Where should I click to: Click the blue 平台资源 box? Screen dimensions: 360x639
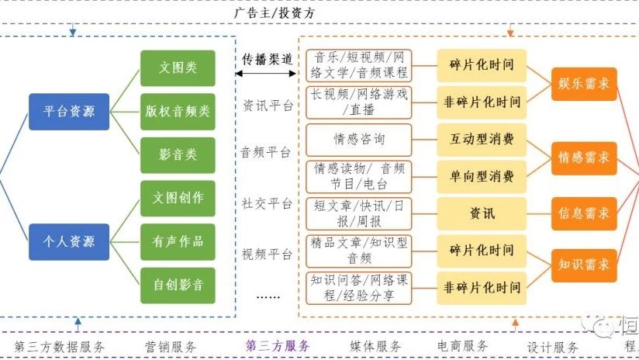[69, 112]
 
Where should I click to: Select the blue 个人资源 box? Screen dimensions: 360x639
[69, 241]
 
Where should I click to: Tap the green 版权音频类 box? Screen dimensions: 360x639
[178, 112]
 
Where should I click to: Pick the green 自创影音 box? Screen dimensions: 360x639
[178, 285]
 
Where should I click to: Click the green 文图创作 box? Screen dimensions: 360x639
[178, 198]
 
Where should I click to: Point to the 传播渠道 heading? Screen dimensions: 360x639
[266, 59]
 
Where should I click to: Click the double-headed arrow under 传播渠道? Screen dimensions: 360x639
[266, 74]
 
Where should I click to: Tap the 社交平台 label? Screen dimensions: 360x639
[267, 203]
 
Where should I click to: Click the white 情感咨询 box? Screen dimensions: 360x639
[359, 140]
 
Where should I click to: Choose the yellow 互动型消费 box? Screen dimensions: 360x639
[482, 140]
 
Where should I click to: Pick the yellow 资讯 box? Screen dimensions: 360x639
[482, 213]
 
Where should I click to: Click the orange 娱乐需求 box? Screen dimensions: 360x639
[584, 84]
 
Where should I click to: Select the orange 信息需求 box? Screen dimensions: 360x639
[584, 213]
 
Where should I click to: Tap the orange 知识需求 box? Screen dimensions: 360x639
[584, 265]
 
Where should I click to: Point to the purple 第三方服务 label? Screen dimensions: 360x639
[277, 346]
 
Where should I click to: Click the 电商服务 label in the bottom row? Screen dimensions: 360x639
[462, 346]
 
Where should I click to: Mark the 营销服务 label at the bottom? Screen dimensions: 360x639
[171, 346]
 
